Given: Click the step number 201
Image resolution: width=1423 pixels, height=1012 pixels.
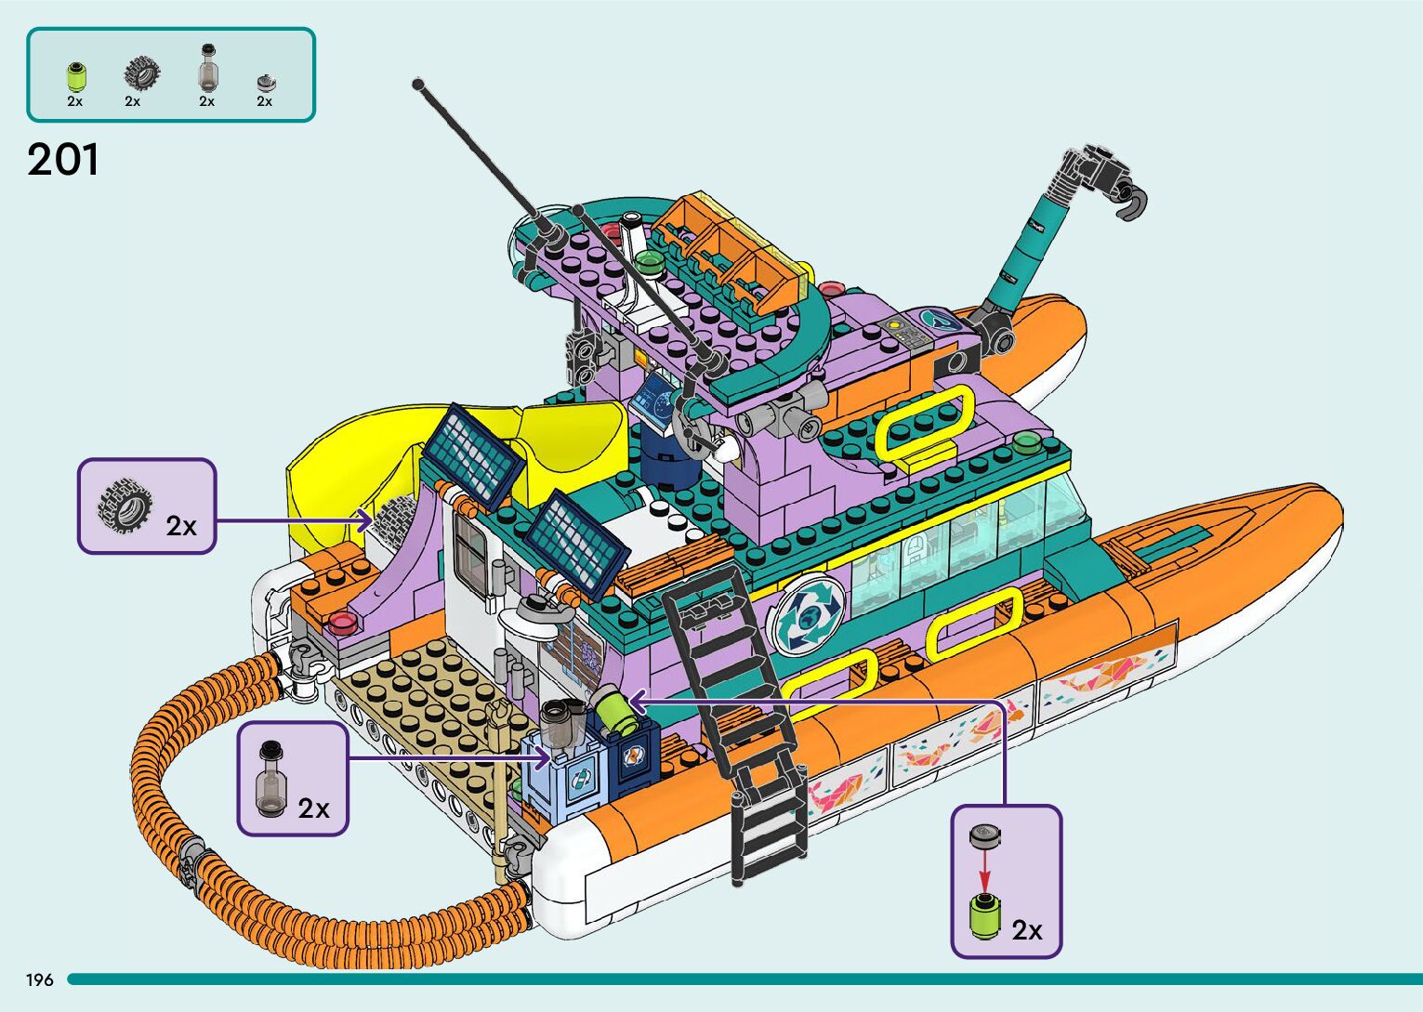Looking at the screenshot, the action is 63,160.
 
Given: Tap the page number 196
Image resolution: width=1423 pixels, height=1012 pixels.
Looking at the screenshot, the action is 39,980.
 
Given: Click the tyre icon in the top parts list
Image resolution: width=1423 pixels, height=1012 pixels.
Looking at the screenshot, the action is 140,72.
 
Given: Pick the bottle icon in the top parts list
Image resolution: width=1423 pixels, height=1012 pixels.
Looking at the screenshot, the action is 206,67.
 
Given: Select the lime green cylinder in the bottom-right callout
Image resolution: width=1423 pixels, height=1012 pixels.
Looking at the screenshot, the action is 984,914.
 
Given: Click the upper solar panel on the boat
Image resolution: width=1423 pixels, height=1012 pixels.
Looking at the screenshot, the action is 472,451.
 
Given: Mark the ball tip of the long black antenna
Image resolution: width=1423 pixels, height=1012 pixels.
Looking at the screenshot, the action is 418,85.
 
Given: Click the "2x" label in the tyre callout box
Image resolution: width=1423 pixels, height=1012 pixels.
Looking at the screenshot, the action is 181,526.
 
